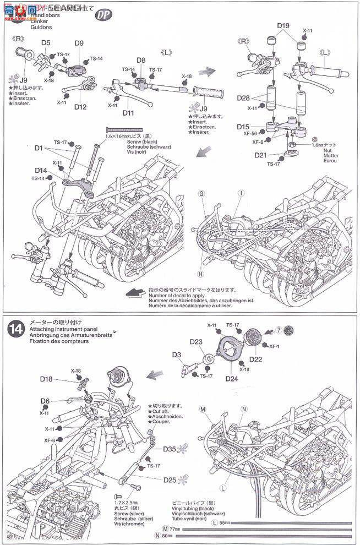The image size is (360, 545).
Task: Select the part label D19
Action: [x=283, y=26]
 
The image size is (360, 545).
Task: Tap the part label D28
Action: [x=243, y=98]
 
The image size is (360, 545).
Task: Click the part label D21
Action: [x=261, y=156]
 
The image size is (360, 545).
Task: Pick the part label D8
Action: [x=141, y=60]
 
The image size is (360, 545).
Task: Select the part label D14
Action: [x=41, y=171]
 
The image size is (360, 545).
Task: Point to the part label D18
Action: [x=46, y=379]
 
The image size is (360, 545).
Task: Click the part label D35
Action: [x=170, y=449]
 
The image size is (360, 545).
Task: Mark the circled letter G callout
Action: [x=201, y=193]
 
